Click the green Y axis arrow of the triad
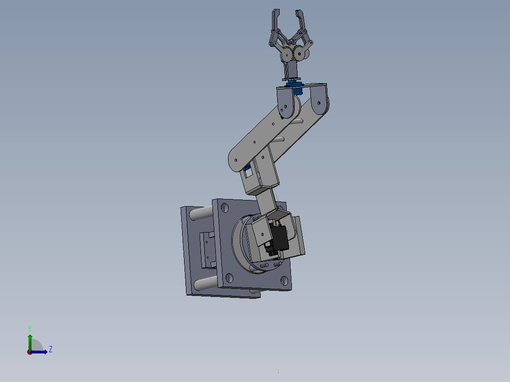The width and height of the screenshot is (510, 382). click(x=30, y=340)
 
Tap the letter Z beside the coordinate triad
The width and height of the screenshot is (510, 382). click(x=51, y=349)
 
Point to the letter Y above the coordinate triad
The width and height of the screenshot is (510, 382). click(x=30, y=328)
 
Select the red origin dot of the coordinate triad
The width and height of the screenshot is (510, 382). click(x=29, y=352)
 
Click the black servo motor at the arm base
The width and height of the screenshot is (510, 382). click(x=279, y=239)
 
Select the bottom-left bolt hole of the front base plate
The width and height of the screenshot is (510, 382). click(x=230, y=278)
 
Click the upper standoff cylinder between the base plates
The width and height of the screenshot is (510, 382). click(x=201, y=214)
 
